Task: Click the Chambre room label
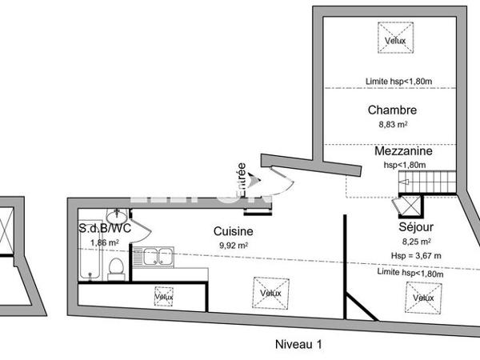click(x=393, y=110)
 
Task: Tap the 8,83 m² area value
click(x=393, y=125)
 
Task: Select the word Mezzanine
click(x=403, y=150)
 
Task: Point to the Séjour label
click(x=415, y=226)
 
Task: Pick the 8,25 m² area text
click(x=415, y=240)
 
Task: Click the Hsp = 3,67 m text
click(x=415, y=255)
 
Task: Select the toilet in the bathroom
click(x=116, y=269)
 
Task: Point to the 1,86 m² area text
click(x=105, y=242)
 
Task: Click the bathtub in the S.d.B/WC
click(x=89, y=249)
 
